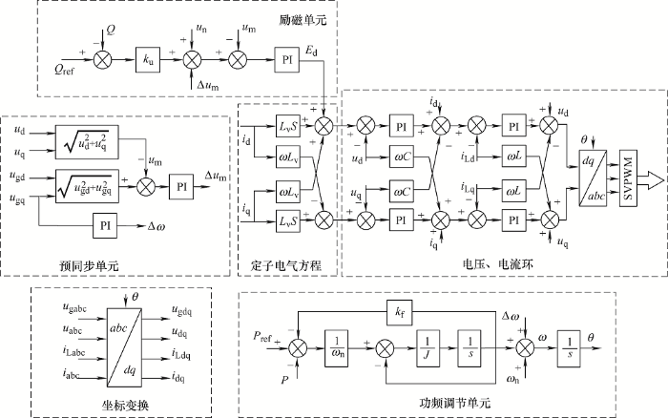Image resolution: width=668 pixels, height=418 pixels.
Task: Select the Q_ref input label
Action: pos(59,68)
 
